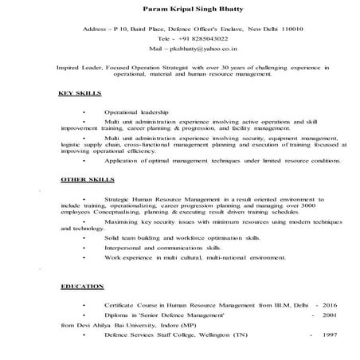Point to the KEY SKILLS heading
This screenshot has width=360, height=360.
80,93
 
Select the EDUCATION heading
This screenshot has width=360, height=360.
83,285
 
